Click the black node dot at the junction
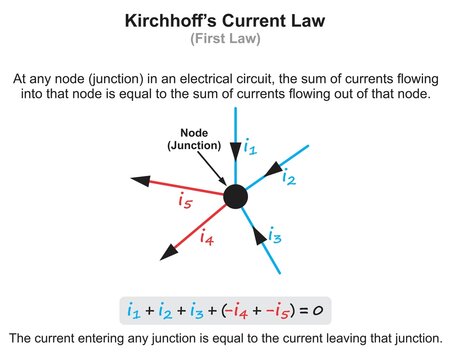(234, 196)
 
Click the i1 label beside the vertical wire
(250, 147)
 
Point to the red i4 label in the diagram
(207, 238)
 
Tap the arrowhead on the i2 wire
(271, 172)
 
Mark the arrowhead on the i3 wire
(260, 235)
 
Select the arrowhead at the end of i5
(142, 182)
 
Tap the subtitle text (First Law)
(225, 40)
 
